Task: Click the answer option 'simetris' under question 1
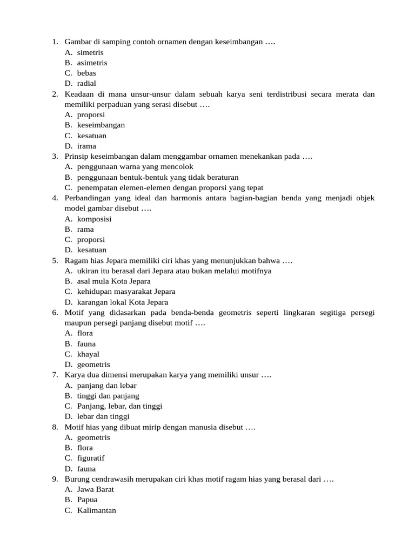click(x=90, y=52)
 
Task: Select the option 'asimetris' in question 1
click(x=92, y=63)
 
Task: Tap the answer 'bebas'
click(x=86, y=73)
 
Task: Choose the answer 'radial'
click(x=86, y=83)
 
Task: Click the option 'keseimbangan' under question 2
click(x=101, y=125)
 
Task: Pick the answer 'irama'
click(x=86, y=146)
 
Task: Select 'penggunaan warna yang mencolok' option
click(x=135, y=167)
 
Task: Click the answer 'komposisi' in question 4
click(x=94, y=219)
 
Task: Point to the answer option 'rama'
click(x=85, y=229)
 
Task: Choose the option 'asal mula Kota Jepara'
click(x=113, y=281)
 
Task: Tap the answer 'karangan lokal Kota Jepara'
click(x=123, y=302)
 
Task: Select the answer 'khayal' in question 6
click(x=88, y=354)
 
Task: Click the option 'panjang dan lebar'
click(x=106, y=386)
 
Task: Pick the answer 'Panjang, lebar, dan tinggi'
click(x=119, y=406)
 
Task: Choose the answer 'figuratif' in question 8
click(x=91, y=458)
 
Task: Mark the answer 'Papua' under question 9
click(x=88, y=500)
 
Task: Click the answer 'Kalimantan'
click(x=97, y=510)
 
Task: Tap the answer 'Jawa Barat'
click(x=96, y=489)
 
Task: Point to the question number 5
click(x=55, y=261)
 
